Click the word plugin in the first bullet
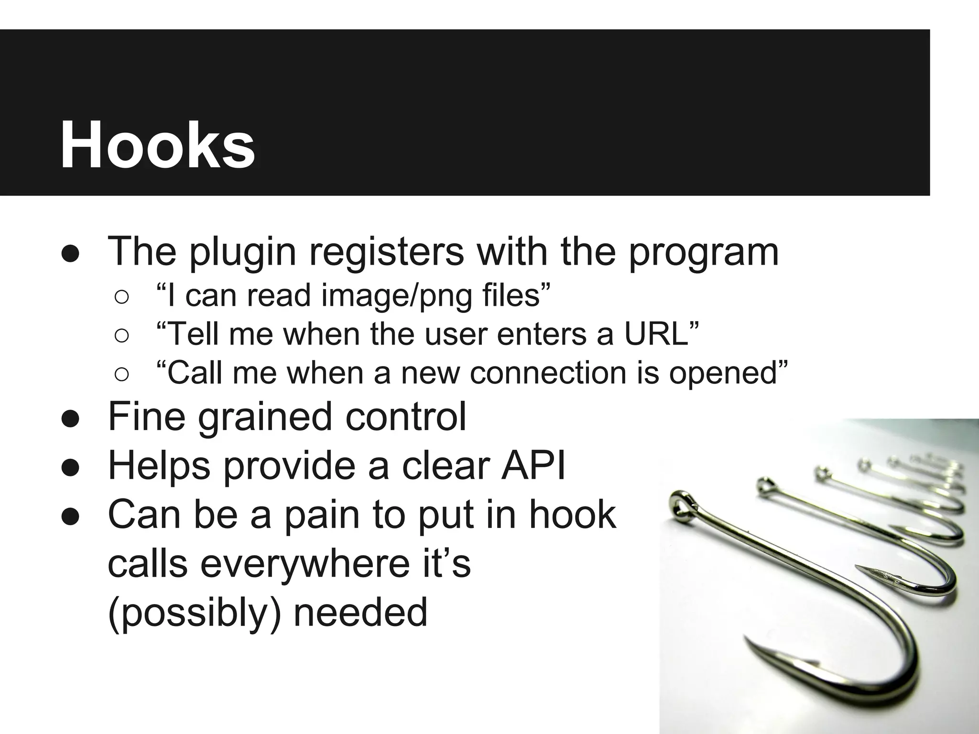[x=243, y=252]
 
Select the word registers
[x=386, y=252]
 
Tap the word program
[x=704, y=252]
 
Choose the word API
[x=533, y=465]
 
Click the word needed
[x=360, y=613]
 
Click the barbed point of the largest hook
[x=755, y=646]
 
